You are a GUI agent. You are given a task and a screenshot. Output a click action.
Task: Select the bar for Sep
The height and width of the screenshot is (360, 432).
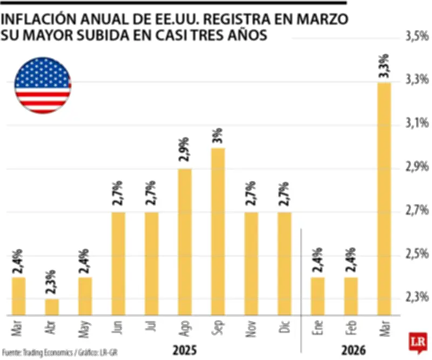[x=218, y=231]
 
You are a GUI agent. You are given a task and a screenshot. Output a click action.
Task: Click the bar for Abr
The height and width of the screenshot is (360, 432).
[x=52, y=306]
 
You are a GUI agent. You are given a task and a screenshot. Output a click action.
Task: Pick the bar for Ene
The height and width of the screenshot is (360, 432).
[x=318, y=296]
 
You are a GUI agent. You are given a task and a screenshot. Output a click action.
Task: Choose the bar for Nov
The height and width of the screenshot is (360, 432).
[x=251, y=263]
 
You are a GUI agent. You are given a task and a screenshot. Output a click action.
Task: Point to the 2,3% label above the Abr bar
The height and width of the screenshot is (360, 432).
[x=52, y=279]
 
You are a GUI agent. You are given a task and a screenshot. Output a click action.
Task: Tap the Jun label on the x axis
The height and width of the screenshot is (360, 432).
[x=118, y=327]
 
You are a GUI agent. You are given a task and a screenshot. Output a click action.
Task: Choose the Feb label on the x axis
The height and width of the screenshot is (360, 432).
[x=351, y=327]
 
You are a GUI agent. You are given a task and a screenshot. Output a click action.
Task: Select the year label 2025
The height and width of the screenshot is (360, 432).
[x=184, y=351]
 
